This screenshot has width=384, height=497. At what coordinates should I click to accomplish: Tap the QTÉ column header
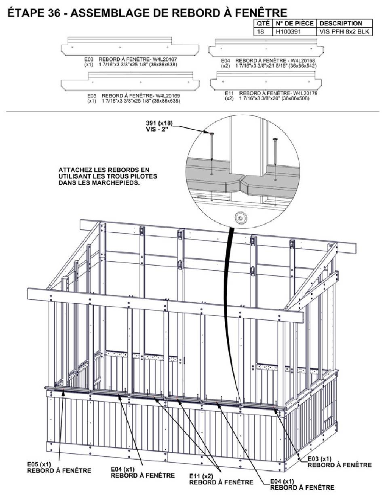(x=263, y=23)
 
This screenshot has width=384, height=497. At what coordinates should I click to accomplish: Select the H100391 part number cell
(x=287, y=31)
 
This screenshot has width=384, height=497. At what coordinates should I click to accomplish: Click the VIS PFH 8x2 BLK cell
(x=344, y=31)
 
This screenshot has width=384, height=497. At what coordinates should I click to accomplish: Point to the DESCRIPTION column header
(x=341, y=23)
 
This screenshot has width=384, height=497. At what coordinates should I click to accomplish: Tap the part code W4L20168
(x=301, y=60)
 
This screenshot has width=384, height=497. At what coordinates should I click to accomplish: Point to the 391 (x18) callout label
(x=160, y=122)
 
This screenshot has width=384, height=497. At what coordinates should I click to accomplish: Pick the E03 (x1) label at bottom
(x=320, y=459)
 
